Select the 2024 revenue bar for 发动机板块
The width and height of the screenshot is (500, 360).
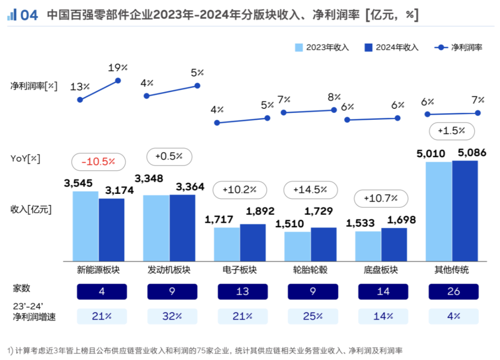point(182,228)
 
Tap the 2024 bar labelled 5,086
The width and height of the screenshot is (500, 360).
point(465,211)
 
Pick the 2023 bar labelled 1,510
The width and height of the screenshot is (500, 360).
point(297,246)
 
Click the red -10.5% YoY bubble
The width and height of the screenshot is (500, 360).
point(98,161)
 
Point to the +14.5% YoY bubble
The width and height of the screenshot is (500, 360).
point(310,189)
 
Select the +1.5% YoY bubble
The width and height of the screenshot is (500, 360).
point(452,130)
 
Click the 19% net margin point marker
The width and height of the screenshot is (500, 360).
point(118,81)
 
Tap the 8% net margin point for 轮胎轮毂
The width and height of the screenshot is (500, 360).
point(334,110)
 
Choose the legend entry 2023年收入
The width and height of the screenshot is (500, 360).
point(322,47)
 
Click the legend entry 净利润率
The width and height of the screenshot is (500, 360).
point(458,47)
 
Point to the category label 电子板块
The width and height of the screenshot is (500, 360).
point(240,270)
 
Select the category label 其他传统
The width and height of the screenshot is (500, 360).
point(452,270)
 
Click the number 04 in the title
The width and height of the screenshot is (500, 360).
point(29,15)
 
